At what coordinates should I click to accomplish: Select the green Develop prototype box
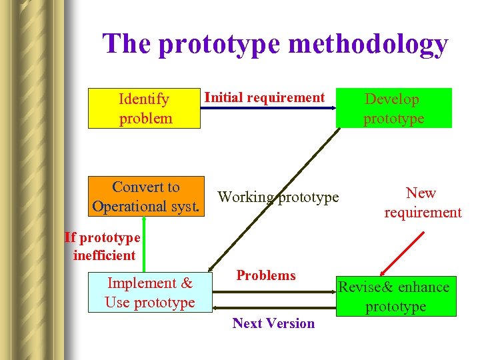tap(394, 108)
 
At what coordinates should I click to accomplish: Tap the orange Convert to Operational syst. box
tap(146, 197)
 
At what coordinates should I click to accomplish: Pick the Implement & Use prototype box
tap(149, 293)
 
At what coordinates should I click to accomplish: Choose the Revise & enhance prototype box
tap(395, 296)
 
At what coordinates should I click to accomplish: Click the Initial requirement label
tap(264, 97)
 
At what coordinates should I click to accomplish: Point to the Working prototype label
tap(279, 197)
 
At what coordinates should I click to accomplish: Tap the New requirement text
tap(422, 203)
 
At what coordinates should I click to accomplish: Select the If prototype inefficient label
tap(103, 246)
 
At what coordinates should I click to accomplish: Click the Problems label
tap(266, 275)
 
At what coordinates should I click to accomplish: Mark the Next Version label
tap(273, 323)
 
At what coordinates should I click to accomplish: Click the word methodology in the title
tap(369, 44)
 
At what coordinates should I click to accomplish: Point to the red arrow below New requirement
tap(402, 253)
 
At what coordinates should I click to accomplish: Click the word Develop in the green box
tap(391, 99)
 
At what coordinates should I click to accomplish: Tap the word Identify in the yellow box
tap(143, 99)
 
